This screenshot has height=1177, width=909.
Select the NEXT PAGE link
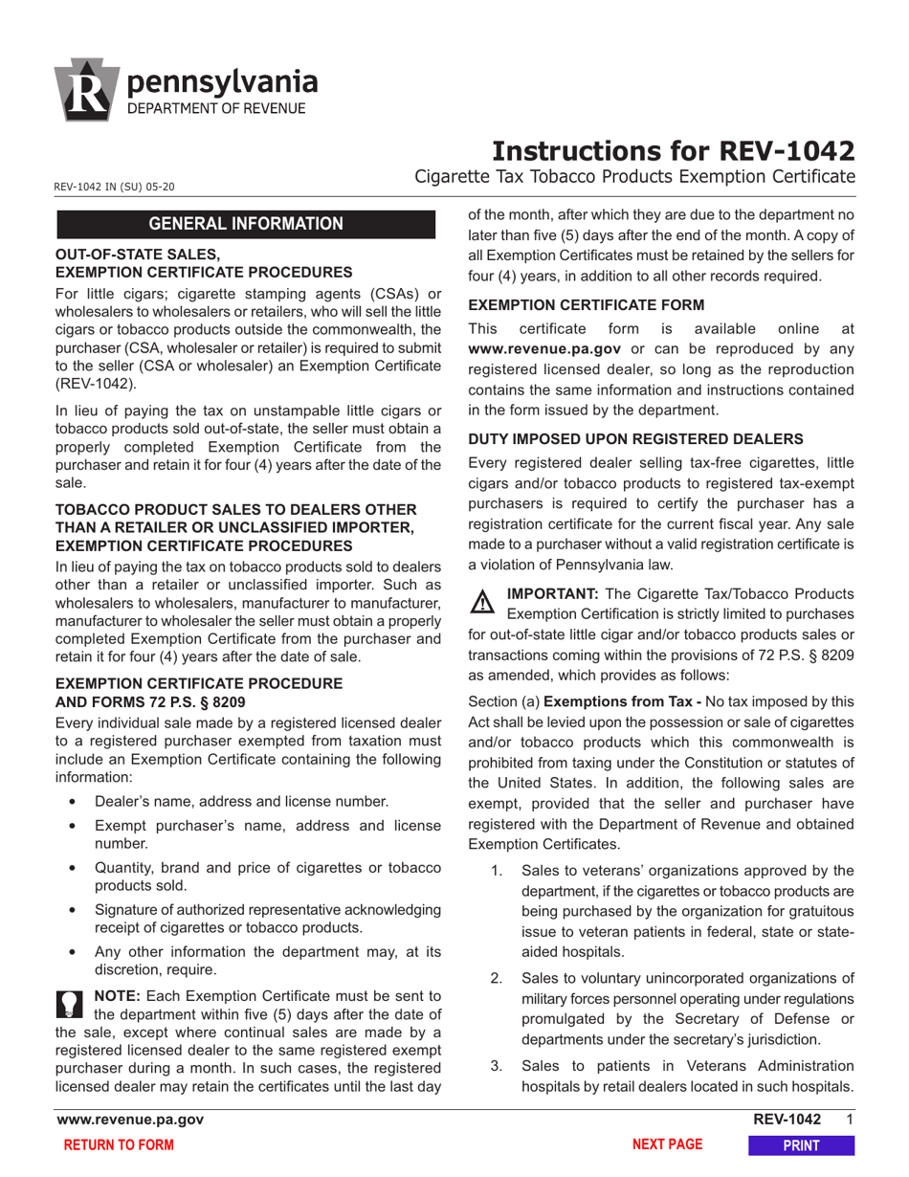pos(668,1144)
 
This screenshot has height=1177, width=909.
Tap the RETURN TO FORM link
pos(119,1145)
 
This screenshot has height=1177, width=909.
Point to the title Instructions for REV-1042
pos(673,151)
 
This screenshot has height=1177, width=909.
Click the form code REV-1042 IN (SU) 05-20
pos(115,188)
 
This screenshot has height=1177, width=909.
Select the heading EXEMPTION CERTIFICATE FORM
pos(586,304)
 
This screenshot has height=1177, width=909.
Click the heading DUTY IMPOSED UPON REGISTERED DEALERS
pos(635,439)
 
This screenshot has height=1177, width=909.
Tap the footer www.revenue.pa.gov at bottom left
pos(130,1120)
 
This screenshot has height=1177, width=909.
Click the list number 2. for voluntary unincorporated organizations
pos(496,977)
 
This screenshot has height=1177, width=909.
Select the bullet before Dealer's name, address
pos(74,802)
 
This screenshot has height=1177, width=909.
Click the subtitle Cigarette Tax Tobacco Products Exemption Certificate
pos(634,177)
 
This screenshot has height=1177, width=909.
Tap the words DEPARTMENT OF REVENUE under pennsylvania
pos(217,109)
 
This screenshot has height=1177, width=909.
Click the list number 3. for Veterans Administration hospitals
pos(496,1065)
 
